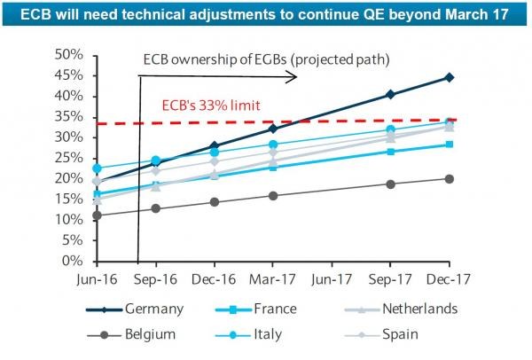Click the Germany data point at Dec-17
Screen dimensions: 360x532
click(x=450, y=77)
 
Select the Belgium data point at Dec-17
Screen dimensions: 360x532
click(x=450, y=179)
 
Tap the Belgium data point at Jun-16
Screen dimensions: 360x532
click(x=97, y=215)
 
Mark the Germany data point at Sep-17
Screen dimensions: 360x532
click(x=390, y=94)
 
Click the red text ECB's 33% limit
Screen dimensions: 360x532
click(x=210, y=106)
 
